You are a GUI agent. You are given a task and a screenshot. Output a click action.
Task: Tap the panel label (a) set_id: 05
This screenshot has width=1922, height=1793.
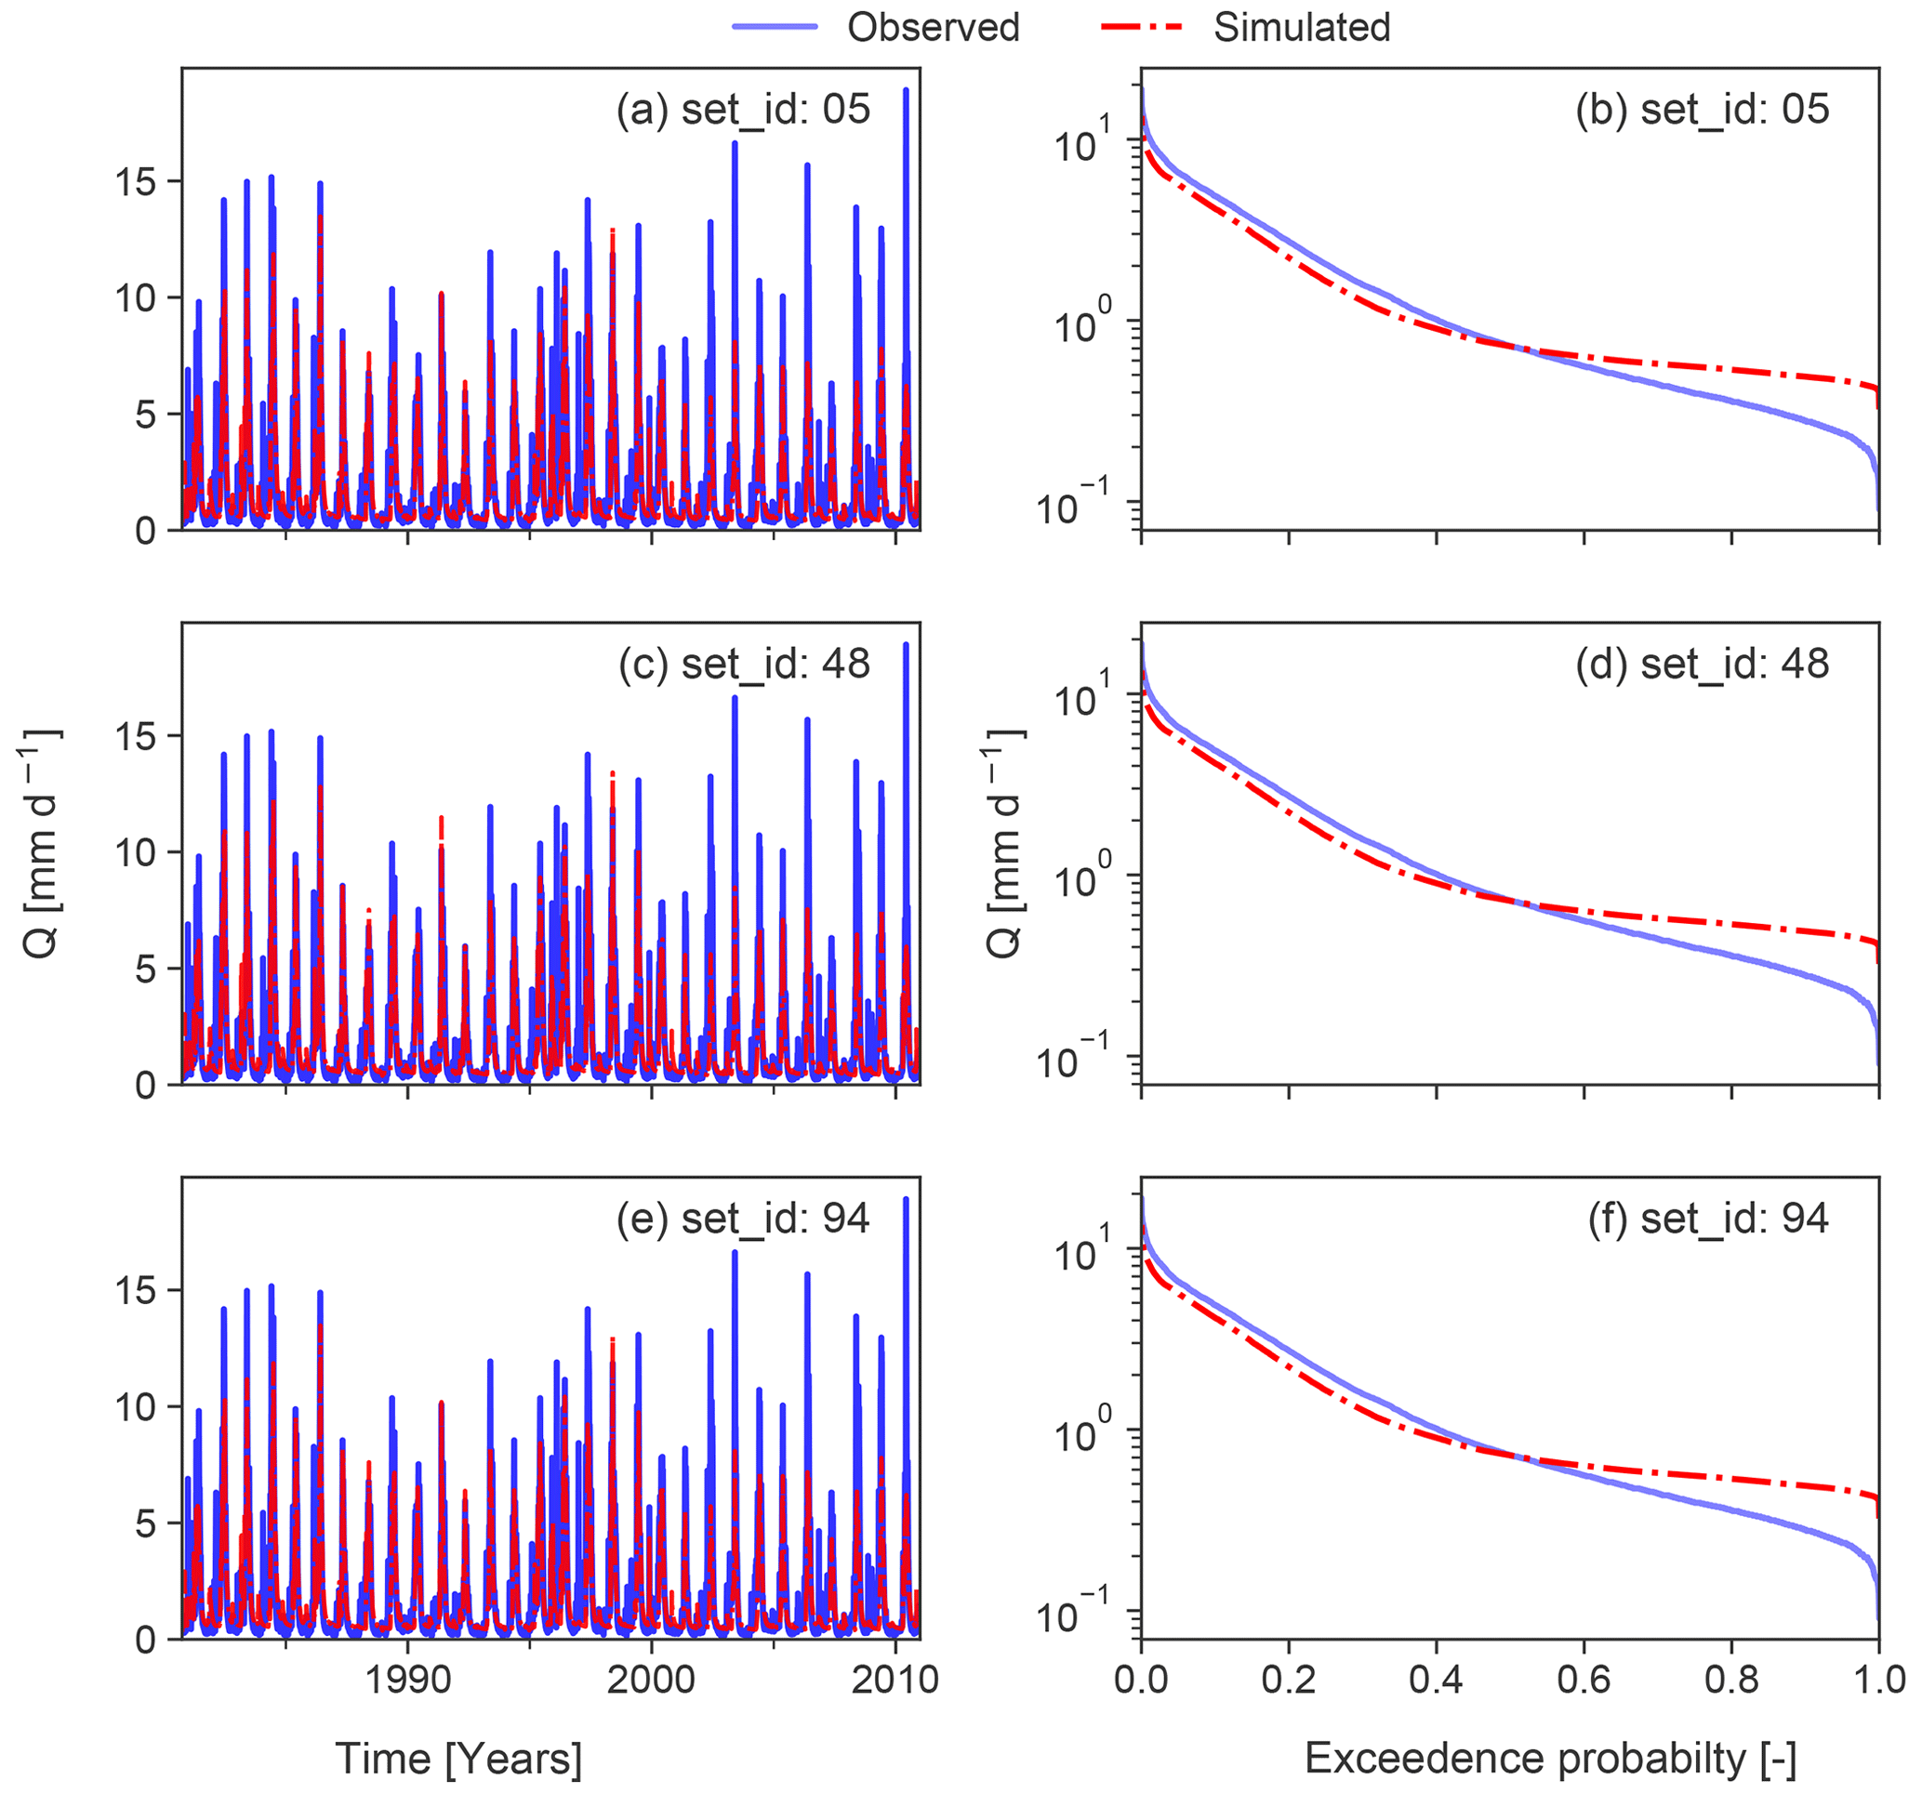click(x=744, y=110)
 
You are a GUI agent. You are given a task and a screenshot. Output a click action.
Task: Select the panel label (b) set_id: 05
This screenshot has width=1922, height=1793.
click(x=1702, y=110)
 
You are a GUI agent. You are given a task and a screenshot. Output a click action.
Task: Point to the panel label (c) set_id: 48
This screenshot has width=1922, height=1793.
click(x=744, y=664)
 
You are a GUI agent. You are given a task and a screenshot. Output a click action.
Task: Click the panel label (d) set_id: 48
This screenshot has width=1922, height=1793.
click(x=1702, y=664)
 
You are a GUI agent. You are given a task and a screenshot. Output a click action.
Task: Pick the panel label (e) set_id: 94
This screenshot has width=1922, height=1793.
click(x=744, y=1218)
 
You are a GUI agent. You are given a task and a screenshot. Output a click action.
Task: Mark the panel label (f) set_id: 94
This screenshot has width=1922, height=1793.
click(x=1707, y=1218)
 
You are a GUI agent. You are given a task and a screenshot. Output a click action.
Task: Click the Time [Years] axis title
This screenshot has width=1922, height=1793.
click(x=458, y=1759)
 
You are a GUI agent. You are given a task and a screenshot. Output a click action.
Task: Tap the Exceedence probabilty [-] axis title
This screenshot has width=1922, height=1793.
click(x=1550, y=1759)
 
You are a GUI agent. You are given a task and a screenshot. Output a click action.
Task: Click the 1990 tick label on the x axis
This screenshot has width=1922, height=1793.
click(x=408, y=1680)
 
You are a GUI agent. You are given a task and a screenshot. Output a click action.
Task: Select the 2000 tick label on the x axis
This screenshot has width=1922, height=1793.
click(x=652, y=1680)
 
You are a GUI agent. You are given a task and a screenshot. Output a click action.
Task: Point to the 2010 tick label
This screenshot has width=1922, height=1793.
click(x=895, y=1680)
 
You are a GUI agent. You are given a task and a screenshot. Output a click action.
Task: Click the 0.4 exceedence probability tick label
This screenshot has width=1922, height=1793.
click(x=1436, y=1680)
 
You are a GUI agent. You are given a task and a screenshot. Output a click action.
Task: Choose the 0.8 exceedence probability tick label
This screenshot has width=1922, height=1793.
click(x=1730, y=1680)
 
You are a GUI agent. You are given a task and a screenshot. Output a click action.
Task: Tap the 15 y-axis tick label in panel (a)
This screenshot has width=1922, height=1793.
click(x=136, y=181)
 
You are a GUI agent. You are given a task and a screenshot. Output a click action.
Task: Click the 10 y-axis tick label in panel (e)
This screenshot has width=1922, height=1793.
click(x=136, y=1407)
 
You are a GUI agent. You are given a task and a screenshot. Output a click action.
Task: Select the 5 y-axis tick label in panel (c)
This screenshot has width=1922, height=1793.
click(x=145, y=969)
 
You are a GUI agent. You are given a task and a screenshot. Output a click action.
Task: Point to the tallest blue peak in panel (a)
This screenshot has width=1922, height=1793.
click(x=906, y=90)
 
